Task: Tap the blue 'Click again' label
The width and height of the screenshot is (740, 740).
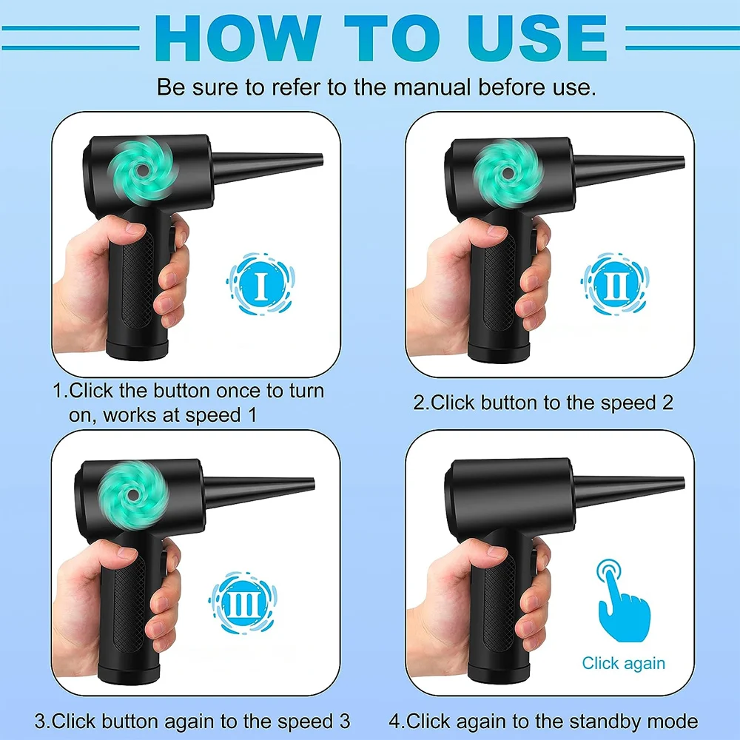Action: (x=623, y=663)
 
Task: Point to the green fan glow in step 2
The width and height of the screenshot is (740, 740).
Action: (x=506, y=172)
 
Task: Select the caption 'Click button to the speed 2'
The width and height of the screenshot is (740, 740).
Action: (x=545, y=403)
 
